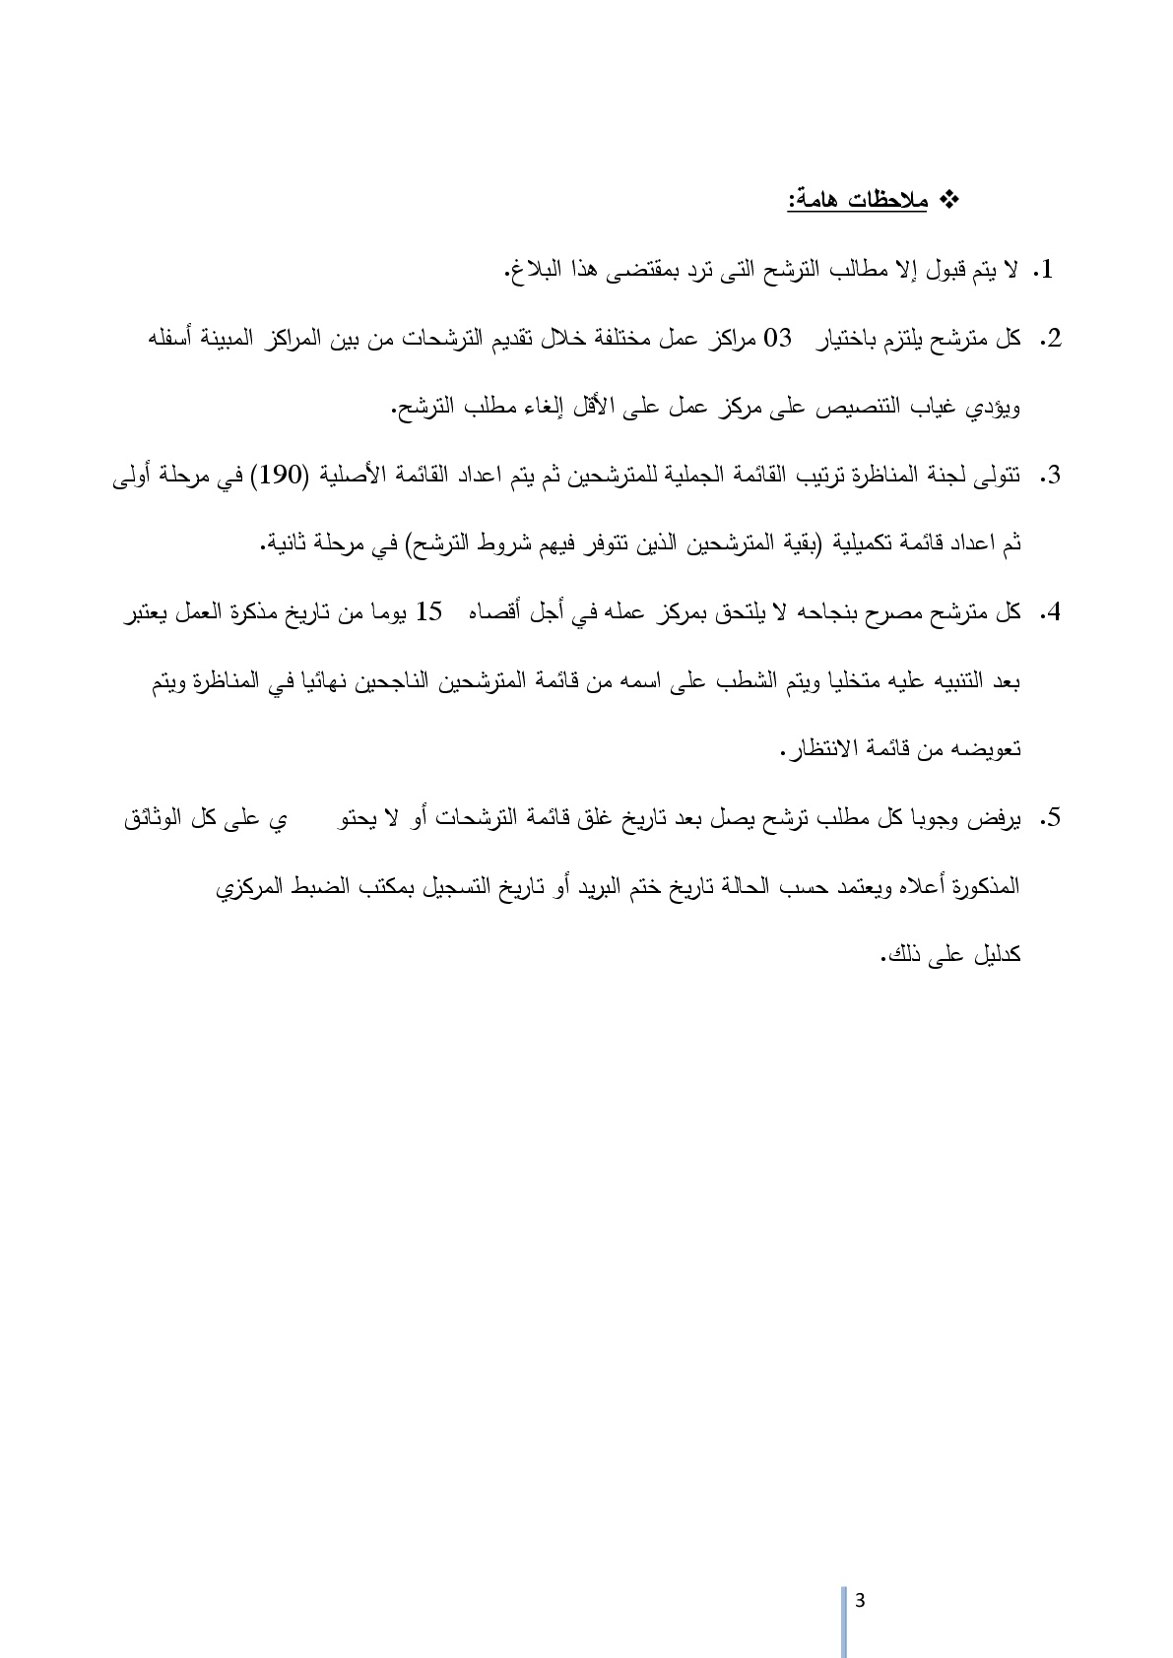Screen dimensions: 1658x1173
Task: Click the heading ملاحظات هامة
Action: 857,201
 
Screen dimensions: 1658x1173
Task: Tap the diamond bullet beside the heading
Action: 951,201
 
